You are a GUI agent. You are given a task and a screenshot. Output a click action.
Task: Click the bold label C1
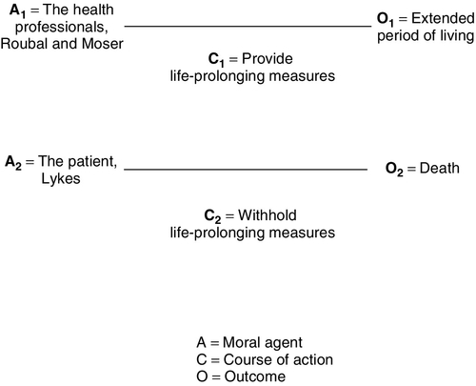(215, 57)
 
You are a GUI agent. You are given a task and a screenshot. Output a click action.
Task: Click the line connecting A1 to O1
(248, 26)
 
